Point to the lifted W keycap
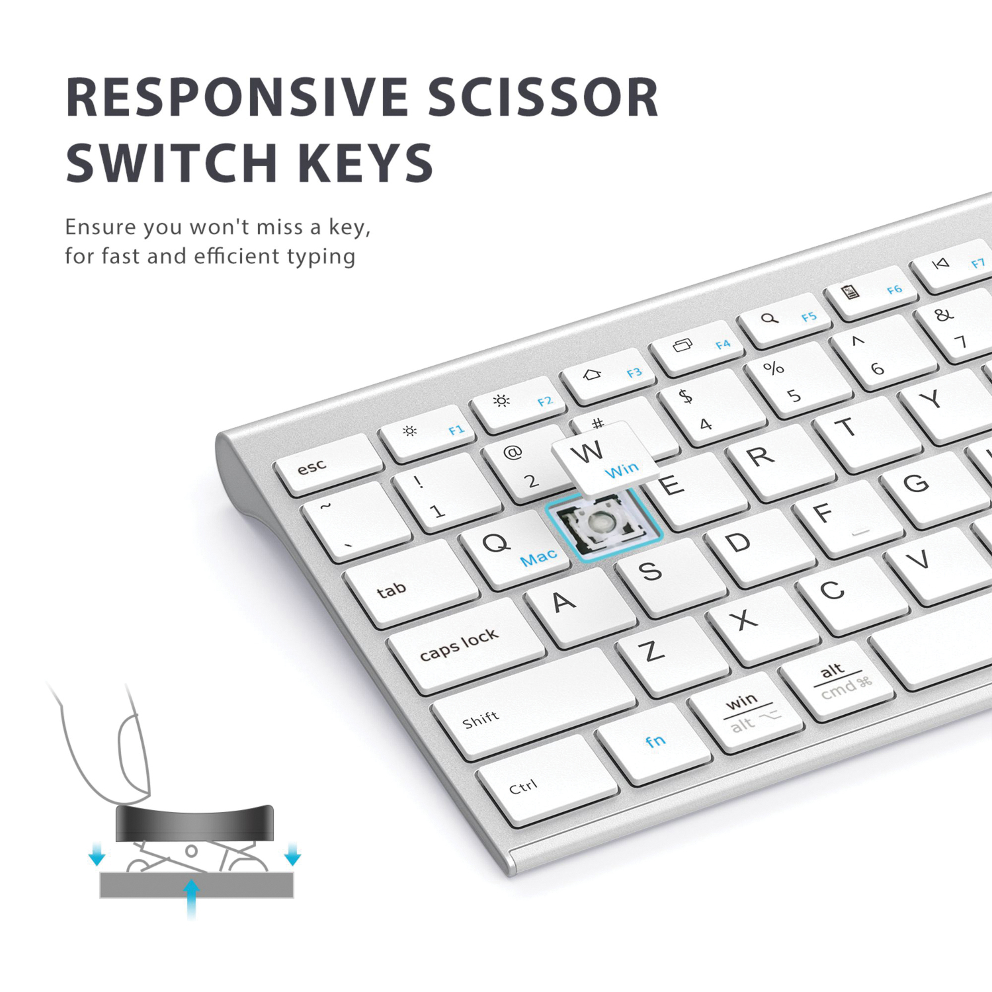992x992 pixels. click(x=604, y=458)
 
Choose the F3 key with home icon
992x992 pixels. click(x=607, y=376)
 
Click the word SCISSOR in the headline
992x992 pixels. click(x=543, y=97)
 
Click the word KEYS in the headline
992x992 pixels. click(x=365, y=163)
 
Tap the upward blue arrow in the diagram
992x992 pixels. click(x=191, y=899)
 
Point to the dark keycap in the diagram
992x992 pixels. click(x=194, y=823)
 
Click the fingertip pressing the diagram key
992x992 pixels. click(x=133, y=761)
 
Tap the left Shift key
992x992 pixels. click(x=533, y=704)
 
